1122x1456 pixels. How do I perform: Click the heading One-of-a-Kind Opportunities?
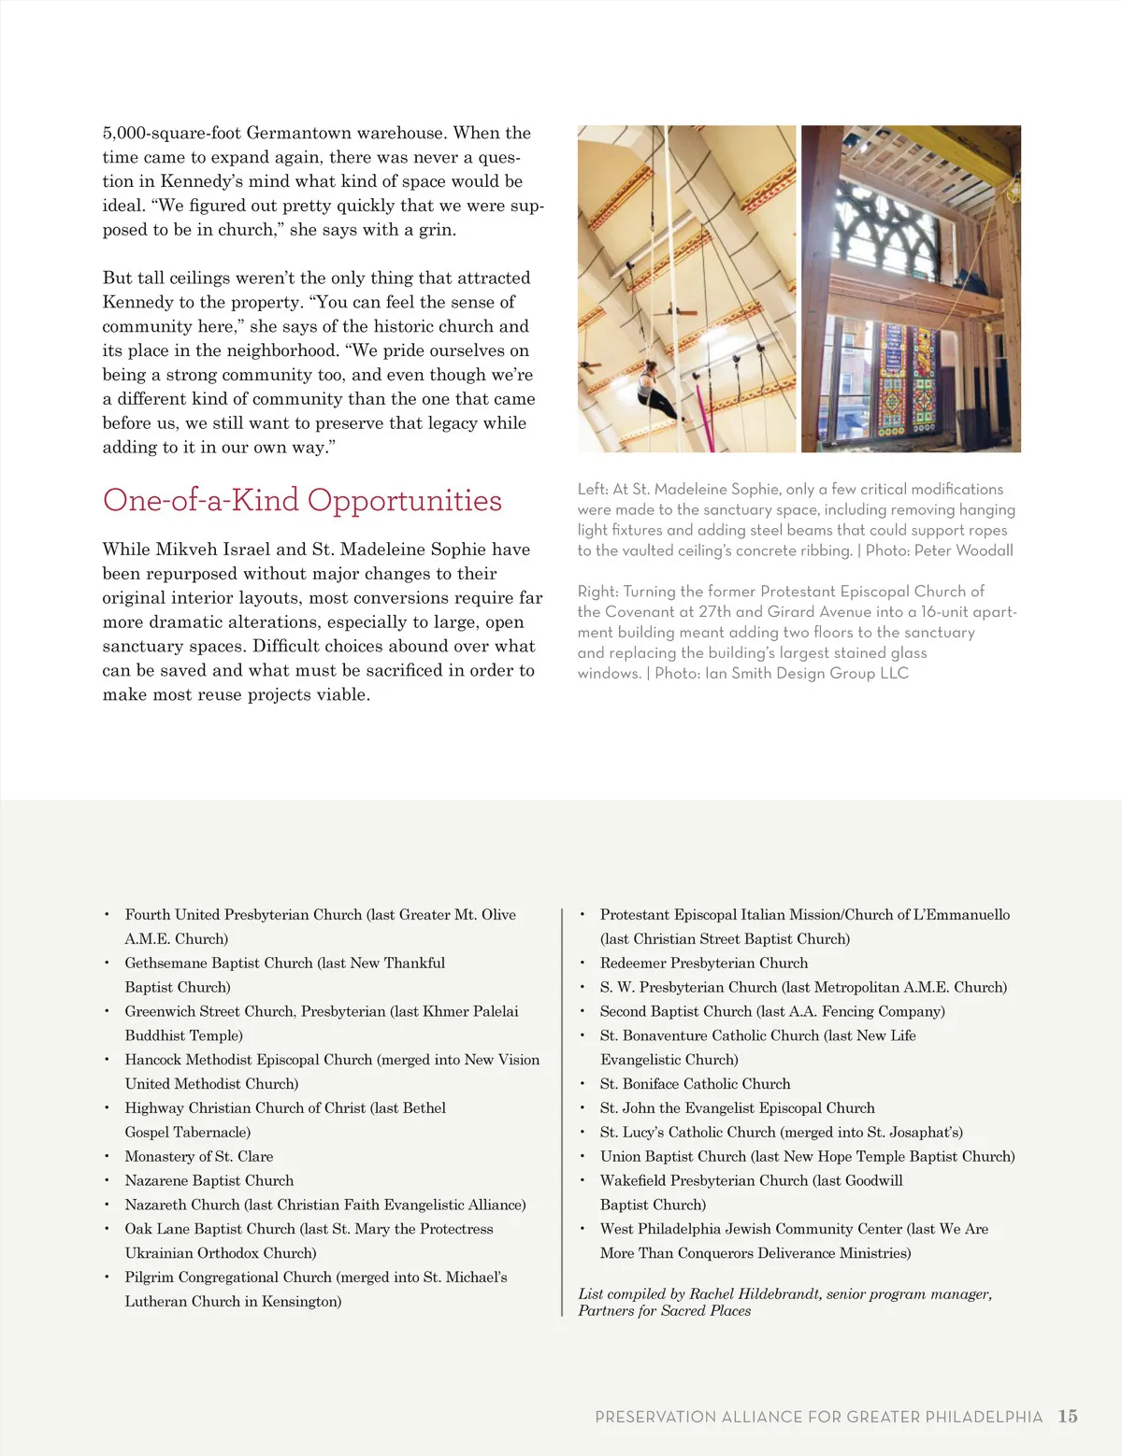[302, 501]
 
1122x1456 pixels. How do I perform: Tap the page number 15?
[1068, 1417]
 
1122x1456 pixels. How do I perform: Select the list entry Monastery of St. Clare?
[199, 1156]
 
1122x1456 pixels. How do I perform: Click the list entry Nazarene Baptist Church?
[209, 1180]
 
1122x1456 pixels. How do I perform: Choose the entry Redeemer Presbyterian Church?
[704, 963]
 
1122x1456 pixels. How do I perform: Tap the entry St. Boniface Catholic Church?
[695, 1083]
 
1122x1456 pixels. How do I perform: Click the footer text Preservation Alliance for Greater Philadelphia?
[818, 1417]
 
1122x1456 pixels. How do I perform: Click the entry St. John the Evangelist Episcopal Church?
[737, 1107]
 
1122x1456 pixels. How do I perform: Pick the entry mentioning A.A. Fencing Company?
[772, 1011]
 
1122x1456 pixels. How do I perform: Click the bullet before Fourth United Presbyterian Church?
[107, 915]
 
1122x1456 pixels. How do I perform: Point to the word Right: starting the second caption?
[597, 592]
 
